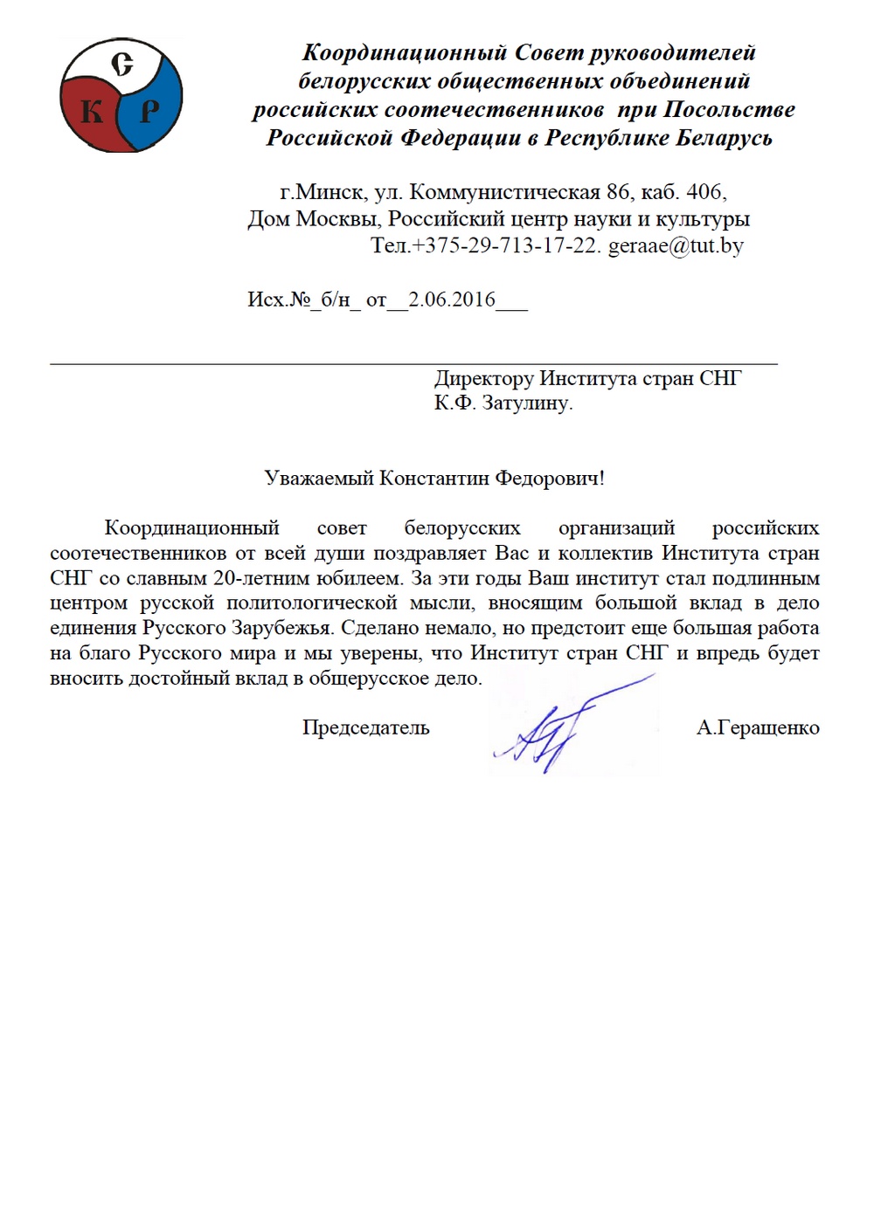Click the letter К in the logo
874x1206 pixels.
point(91,113)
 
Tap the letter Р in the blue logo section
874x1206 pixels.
point(149,111)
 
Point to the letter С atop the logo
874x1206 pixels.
point(123,63)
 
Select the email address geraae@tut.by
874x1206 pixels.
point(676,245)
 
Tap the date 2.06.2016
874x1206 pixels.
point(452,300)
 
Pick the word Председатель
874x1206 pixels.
point(365,727)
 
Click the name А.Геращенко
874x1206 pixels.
point(758,727)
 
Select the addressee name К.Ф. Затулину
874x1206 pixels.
point(503,403)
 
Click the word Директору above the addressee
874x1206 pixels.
point(483,378)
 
